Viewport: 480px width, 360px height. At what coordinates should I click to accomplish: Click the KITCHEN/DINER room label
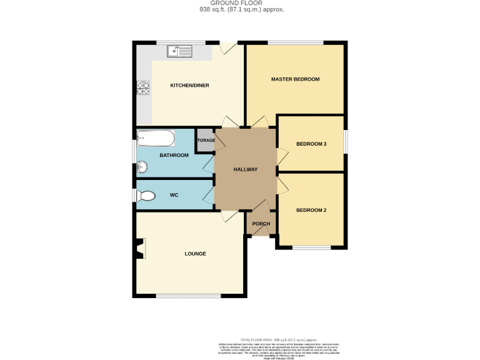(x=189, y=85)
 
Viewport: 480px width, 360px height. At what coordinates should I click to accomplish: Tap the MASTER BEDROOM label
(x=295, y=79)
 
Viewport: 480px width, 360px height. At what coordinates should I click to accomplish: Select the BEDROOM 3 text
(x=311, y=144)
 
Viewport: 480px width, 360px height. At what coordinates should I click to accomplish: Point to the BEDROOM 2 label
(x=311, y=210)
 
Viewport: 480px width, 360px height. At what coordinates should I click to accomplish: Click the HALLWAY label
(x=246, y=169)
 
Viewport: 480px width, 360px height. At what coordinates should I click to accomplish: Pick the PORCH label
(x=261, y=224)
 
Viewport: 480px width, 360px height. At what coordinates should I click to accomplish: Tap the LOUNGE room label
(x=195, y=254)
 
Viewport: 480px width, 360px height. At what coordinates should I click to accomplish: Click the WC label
(x=174, y=196)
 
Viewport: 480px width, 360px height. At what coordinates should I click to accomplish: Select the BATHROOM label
(x=174, y=155)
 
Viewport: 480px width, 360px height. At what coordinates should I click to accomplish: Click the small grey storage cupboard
(x=205, y=138)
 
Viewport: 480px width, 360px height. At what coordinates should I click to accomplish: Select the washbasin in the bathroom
(x=142, y=167)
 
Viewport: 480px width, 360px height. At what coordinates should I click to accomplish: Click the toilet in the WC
(x=147, y=196)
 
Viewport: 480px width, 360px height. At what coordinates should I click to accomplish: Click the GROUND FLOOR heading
(x=239, y=3)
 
